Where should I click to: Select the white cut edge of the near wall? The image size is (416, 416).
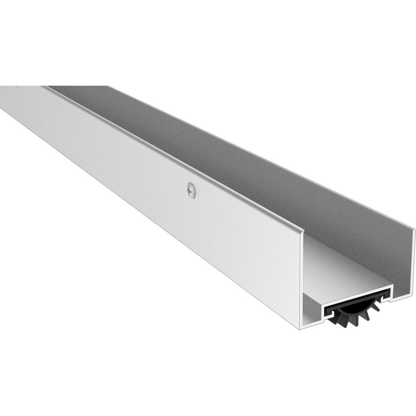[x=301, y=283]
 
